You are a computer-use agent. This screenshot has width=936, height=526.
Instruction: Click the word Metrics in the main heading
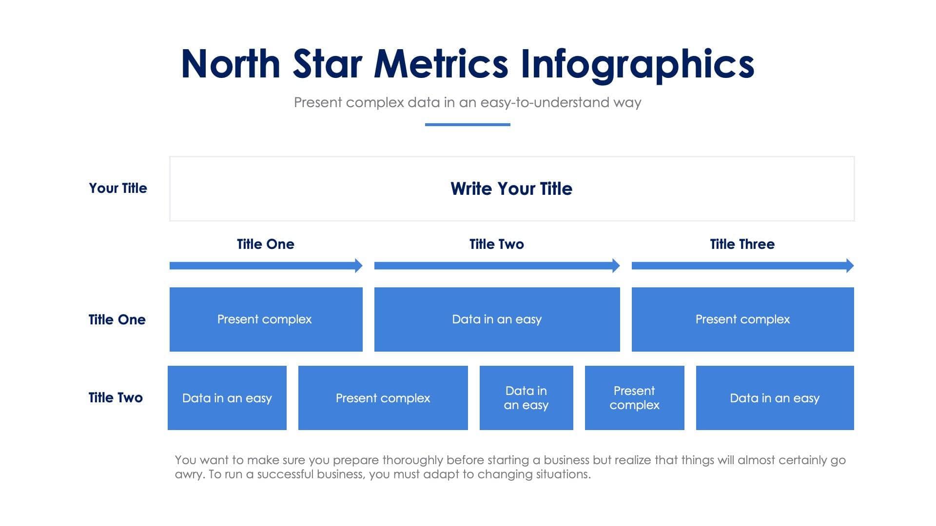(441, 64)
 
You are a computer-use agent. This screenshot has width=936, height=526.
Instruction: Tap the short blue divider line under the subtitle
(468, 125)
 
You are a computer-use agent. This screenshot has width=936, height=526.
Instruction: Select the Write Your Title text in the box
(511, 188)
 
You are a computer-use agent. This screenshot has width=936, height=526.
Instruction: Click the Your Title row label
(117, 188)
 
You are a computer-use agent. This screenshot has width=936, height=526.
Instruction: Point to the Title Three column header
(742, 244)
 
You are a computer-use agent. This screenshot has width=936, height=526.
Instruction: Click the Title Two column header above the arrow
(496, 244)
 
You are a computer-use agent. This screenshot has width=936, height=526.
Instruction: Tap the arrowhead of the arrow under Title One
(358, 265)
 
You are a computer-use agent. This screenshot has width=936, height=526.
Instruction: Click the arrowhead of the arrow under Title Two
(616, 265)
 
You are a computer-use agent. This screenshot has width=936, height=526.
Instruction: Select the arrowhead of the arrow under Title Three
(850, 265)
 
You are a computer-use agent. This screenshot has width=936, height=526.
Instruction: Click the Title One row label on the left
(117, 319)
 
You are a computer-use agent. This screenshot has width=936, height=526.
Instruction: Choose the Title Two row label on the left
(116, 397)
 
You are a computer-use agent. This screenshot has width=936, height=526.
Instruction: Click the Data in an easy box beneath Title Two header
(497, 319)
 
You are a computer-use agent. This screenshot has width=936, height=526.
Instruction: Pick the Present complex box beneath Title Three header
(742, 319)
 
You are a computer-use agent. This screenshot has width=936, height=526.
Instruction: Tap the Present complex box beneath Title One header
(266, 319)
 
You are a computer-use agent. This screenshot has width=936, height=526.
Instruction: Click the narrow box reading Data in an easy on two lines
(526, 398)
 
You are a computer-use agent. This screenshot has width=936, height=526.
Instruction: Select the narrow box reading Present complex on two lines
(634, 398)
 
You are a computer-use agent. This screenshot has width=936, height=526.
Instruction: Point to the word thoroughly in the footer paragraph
(412, 460)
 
